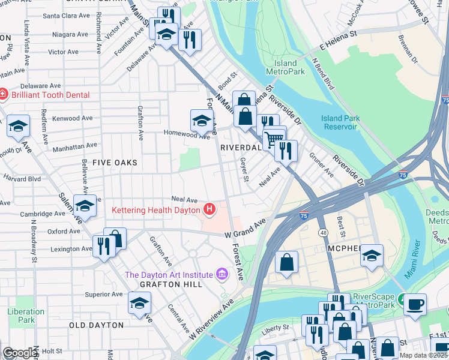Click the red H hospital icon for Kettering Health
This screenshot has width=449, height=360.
coord(209,209)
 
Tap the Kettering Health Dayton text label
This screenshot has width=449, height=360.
coord(157,210)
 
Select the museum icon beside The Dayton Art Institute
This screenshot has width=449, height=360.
coord(221,274)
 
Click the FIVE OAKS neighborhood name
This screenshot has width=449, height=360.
coord(115,163)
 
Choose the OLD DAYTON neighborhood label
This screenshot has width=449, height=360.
coord(96,325)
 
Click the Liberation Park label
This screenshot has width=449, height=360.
coord(26,316)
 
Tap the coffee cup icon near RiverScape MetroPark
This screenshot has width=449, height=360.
coord(415,304)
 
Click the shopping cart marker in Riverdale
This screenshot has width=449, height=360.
coord(274,139)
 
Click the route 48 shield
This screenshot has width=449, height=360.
coord(324,231)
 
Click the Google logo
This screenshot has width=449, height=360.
coord(20,353)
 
